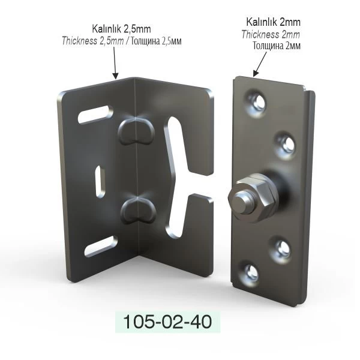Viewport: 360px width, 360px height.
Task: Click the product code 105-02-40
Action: [167, 322]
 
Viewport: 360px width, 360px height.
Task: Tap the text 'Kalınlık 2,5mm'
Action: [121, 29]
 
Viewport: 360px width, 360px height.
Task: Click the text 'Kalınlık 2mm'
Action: [273, 22]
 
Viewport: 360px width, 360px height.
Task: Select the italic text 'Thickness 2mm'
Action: [271, 35]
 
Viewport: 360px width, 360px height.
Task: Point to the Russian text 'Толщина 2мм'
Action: [277, 46]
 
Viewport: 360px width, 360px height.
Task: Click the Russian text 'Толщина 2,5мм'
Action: [156, 41]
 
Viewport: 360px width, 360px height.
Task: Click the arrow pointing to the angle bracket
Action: [115, 62]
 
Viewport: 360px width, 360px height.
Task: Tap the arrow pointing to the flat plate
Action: [260, 64]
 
